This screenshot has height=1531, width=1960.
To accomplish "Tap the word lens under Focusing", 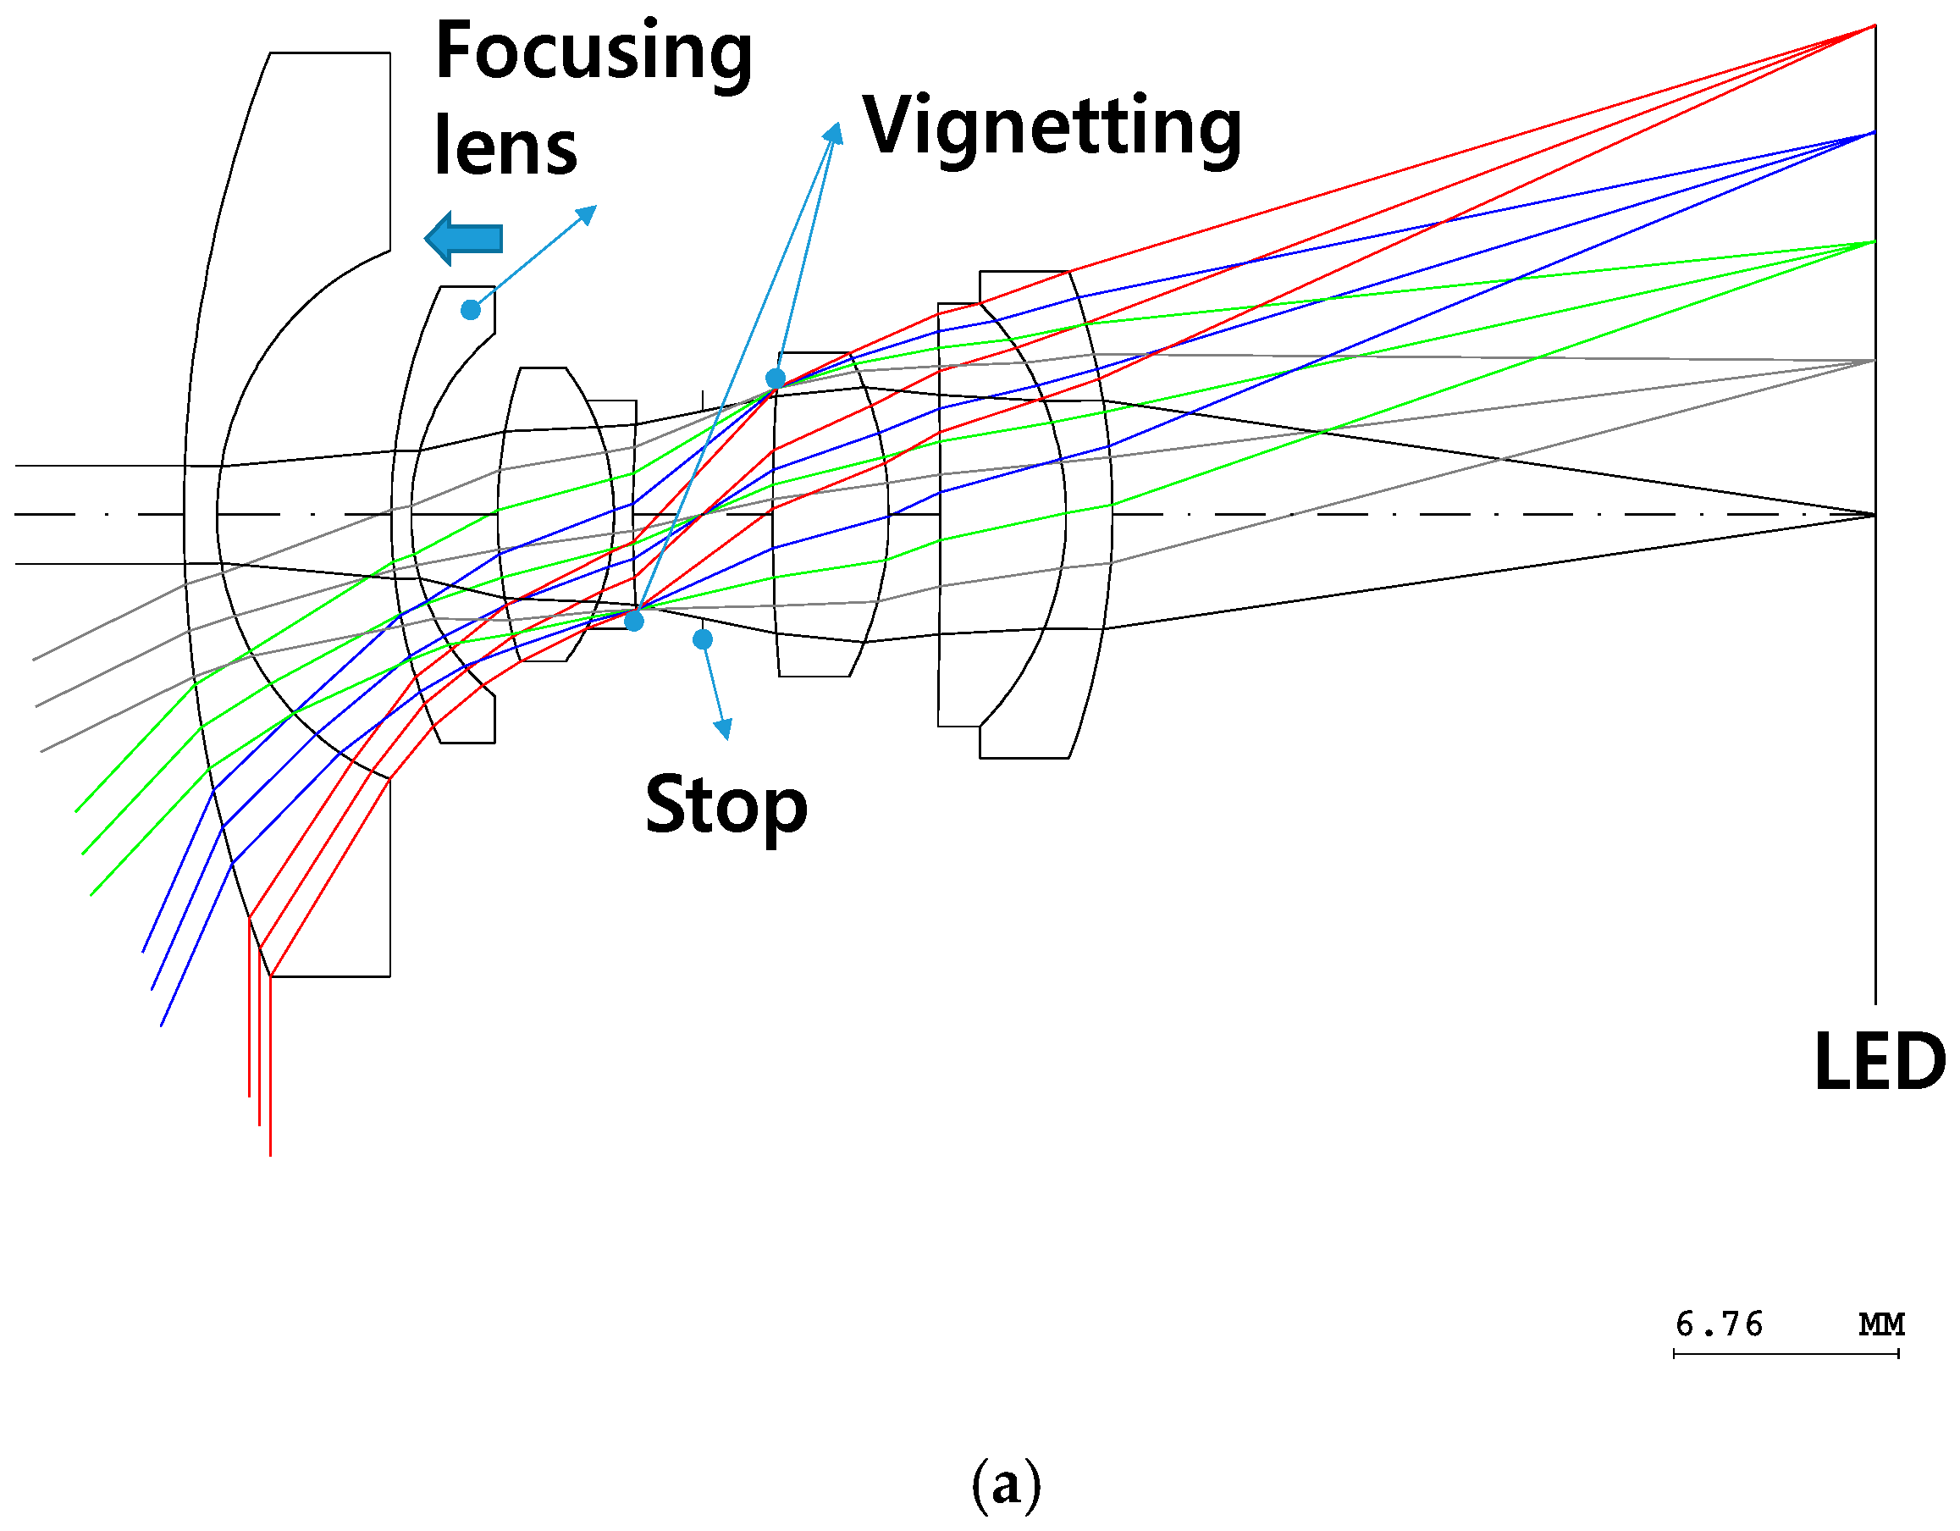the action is click(506, 146).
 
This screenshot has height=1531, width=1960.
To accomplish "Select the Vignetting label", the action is click(1052, 130).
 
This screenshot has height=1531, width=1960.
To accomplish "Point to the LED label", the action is click(1880, 1062).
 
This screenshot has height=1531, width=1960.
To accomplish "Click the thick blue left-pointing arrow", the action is click(463, 239).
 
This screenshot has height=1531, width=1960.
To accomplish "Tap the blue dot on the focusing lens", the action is click(470, 311).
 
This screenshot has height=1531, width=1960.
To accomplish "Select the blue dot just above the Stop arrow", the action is click(703, 639).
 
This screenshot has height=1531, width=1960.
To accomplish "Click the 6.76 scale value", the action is click(1719, 1324).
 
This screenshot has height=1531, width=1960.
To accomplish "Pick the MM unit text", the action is click(1881, 1324).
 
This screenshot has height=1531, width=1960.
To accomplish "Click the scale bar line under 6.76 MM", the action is click(1786, 1354).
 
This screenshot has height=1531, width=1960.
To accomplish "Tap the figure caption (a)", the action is click(1006, 1484).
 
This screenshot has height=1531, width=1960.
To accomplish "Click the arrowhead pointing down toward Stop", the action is click(722, 729).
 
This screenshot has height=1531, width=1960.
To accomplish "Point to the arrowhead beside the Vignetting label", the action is click(835, 133).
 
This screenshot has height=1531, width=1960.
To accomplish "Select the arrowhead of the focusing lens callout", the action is click(587, 214).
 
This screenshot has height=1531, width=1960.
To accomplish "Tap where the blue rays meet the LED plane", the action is click(1874, 133).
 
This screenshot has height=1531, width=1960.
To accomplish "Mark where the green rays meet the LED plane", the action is click(1874, 241).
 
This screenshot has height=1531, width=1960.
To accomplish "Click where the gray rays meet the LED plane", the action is click(1874, 361).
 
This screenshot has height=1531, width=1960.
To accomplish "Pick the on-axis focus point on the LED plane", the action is click(1874, 515).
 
